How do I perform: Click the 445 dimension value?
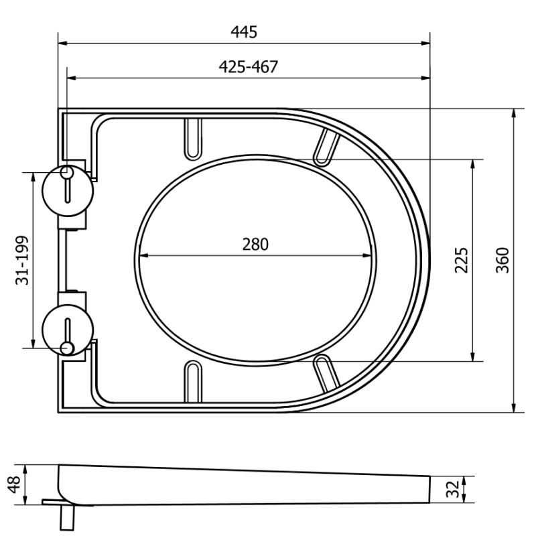click(244, 31)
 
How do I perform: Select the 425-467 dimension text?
click(248, 66)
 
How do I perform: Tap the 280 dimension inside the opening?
click(255, 244)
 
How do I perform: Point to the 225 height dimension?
click(461, 260)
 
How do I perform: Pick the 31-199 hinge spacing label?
click(22, 260)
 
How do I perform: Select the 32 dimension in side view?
click(454, 488)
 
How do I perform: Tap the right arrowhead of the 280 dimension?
click(369, 255)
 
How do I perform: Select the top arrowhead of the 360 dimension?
click(514, 113)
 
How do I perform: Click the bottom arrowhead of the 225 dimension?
click(473, 357)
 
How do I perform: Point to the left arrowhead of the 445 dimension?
click(62, 44)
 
